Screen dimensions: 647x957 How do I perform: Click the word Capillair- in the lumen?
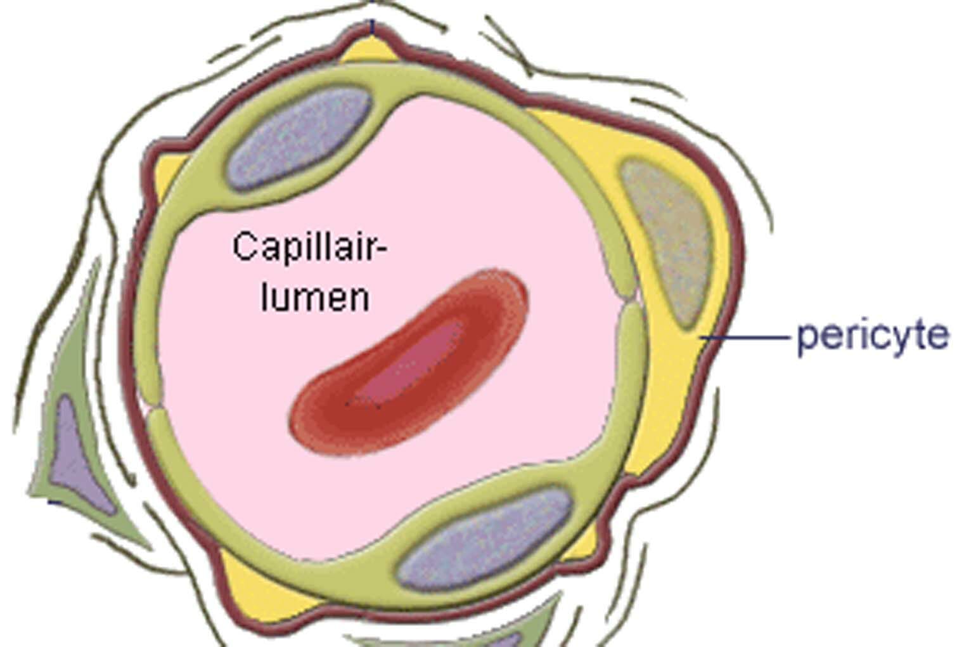point(309,248)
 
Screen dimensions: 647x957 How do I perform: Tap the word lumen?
point(315,297)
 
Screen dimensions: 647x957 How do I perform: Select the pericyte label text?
point(873,336)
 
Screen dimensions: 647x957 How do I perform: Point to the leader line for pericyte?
point(748,337)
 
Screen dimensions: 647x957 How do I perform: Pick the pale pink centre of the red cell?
point(412,362)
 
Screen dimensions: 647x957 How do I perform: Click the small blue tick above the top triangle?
point(373,27)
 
